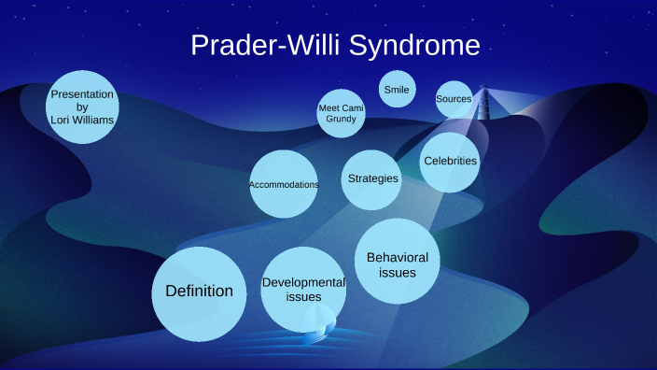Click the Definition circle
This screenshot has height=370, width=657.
pyautogui.click(x=199, y=293)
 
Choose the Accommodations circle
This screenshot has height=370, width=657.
pyautogui.click(x=284, y=184)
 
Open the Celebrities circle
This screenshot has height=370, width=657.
pyautogui.click(x=450, y=162)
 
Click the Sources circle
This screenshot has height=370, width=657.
pyautogui.click(x=454, y=99)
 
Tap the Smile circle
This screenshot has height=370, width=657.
pyautogui.click(x=397, y=89)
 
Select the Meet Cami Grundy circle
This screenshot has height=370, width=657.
pyautogui.click(x=341, y=114)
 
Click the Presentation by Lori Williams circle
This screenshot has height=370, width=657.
pyautogui.click(x=82, y=107)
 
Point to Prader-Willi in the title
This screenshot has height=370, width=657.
pyautogui.click(x=267, y=46)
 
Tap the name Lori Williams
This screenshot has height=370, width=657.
pyautogui.click(x=82, y=120)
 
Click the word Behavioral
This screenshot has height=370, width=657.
pyautogui.click(x=397, y=257)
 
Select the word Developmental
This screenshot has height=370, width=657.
pyautogui.click(x=303, y=282)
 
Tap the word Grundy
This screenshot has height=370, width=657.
pyautogui.click(x=341, y=120)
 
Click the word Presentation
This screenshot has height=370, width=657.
pyautogui.click(x=82, y=94)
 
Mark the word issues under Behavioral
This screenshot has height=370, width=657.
pyautogui.click(x=397, y=273)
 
